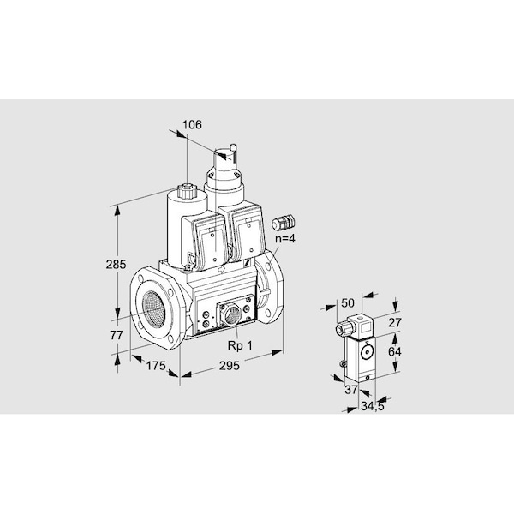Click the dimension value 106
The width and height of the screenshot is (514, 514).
pyautogui.click(x=192, y=125)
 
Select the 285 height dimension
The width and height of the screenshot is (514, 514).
pyautogui.click(x=116, y=264)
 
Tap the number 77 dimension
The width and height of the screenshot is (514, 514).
pyautogui.click(x=117, y=335)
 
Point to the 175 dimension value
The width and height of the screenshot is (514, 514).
pyautogui.click(x=156, y=366)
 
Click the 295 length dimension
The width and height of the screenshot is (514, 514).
pyautogui.click(x=230, y=366)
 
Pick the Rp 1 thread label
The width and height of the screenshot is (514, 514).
pyautogui.click(x=240, y=345)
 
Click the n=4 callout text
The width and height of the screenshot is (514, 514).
pyautogui.click(x=285, y=239)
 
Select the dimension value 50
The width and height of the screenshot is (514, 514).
pyautogui.click(x=348, y=303)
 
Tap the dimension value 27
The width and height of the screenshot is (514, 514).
pyautogui.click(x=395, y=323)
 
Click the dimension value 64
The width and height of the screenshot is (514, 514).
pyautogui.click(x=395, y=352)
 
